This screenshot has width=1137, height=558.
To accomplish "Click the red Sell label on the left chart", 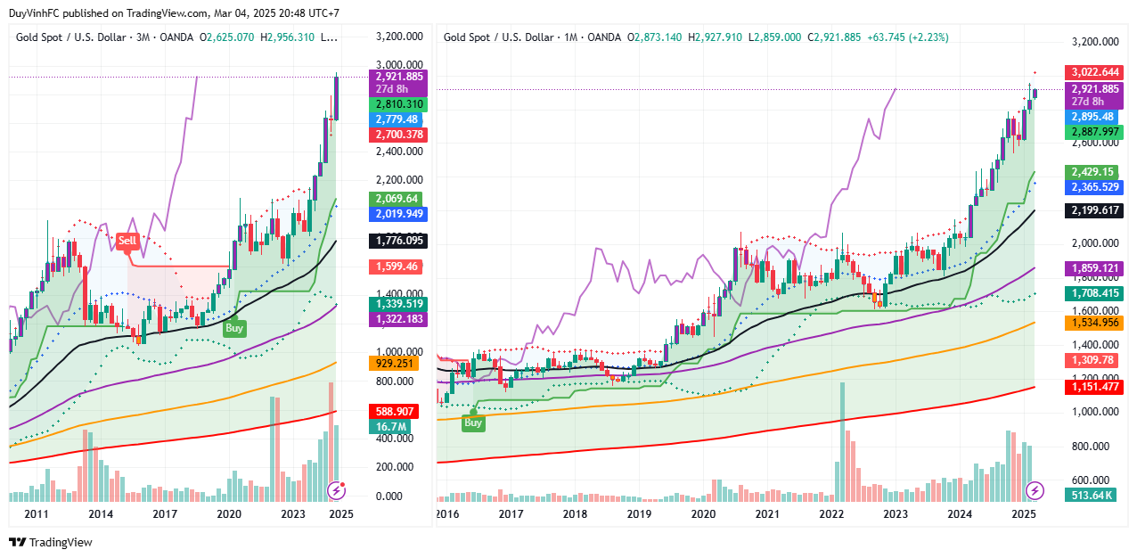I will tap(127, 240).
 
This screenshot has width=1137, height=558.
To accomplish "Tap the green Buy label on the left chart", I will tap(234, 327).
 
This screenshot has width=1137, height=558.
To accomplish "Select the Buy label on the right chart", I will tap(473, 423).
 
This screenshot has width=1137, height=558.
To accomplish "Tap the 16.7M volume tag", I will tap(393, 427).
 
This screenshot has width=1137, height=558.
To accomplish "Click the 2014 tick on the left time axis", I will tap(101, 514).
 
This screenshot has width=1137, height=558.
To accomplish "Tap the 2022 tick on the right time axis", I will tap(832, 514).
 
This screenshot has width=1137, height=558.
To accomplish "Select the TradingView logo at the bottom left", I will tap(51, 542).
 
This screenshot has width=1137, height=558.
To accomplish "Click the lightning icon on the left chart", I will tap(337, 489).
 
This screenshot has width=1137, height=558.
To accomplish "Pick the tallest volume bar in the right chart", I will tap(840, 437).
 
